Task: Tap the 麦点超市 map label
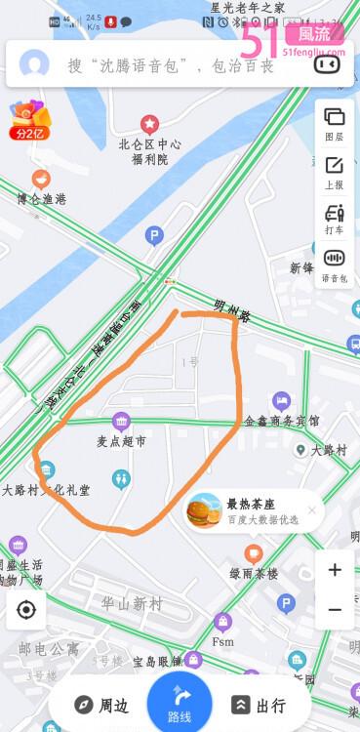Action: [x=121, y=441]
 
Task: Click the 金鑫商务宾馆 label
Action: [x=281, y=421]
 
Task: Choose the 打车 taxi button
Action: [x=334, y=218]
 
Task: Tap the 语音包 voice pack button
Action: [x=335, y=264]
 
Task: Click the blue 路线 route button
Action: [x=180, y=702]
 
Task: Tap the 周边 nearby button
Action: [x=102, y=706]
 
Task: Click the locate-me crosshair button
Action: [x=26, y=611]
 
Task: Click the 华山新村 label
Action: [x=132, y=604]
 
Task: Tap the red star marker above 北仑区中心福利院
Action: [x=149, y=124]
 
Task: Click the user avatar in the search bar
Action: [x=35, y=64]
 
